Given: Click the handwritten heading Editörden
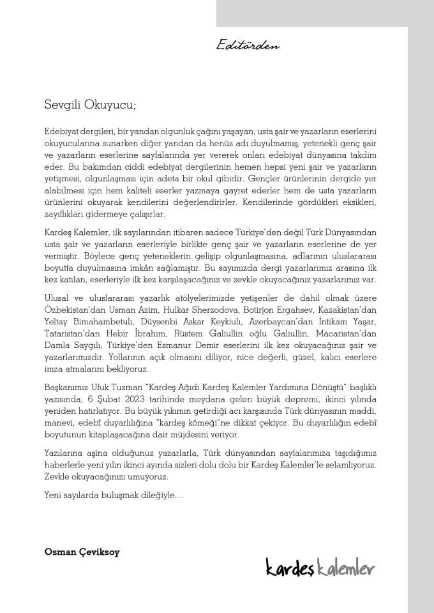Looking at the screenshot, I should click(248, 45).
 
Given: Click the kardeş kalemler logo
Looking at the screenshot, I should click(320, 566).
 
